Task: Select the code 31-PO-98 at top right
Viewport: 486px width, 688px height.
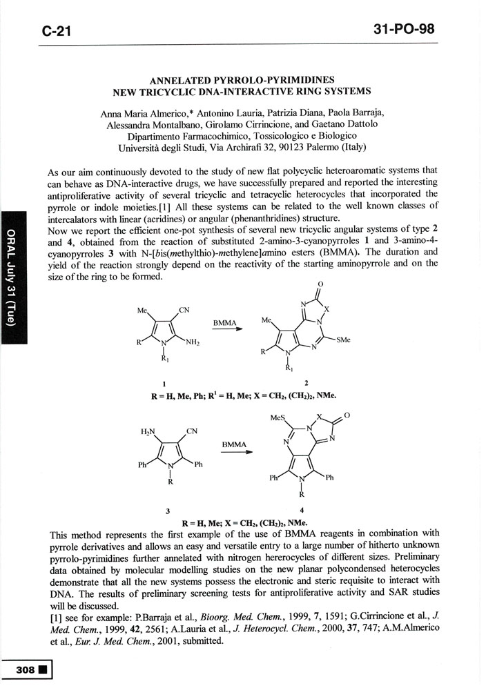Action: click(404, 30)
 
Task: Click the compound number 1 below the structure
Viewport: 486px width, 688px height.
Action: click(163, 383)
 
